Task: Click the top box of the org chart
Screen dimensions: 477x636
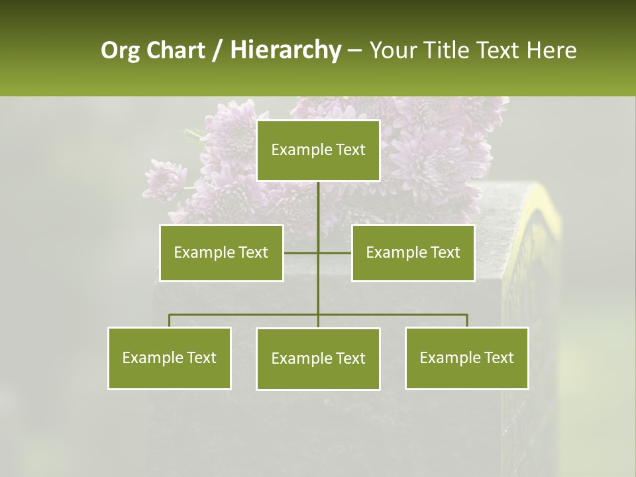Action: (x=318, y=150)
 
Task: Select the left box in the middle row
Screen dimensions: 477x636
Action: (x=221, y=252)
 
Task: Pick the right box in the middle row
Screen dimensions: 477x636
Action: (x=413, y=252)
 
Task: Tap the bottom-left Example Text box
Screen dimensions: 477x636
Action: (x=170, y=358)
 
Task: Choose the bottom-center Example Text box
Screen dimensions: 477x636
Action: (x=318, y=358)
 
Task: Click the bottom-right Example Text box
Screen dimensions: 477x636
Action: (x=467, y=358)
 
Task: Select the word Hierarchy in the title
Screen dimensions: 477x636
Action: (x=285, y=50)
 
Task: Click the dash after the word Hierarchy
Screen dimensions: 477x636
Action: (x=354, y=50)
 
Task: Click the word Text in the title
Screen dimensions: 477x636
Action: (x=499, y=50)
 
